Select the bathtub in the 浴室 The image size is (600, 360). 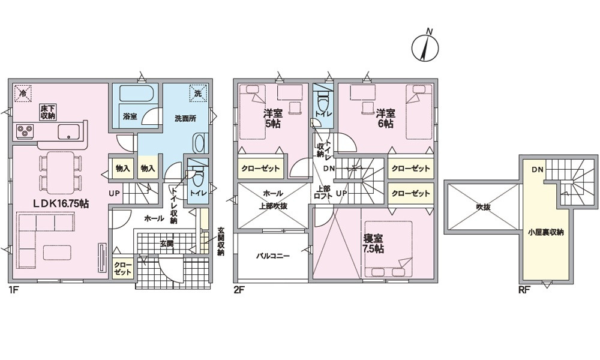[136, 95]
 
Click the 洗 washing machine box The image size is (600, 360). [199, 92]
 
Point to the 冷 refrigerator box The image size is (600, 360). [23, 92]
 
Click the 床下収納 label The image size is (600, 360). [48, 112]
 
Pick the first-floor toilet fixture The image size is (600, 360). [198, 177]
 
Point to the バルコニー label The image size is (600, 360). [272, 256]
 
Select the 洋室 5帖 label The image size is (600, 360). [272, 119]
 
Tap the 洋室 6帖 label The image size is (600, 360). [385, 119]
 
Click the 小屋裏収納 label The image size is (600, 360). [545, 232]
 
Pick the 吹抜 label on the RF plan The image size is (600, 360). [484, 207]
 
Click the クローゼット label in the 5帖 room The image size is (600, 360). [261, 169]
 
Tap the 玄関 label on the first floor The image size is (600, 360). [166, 243]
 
